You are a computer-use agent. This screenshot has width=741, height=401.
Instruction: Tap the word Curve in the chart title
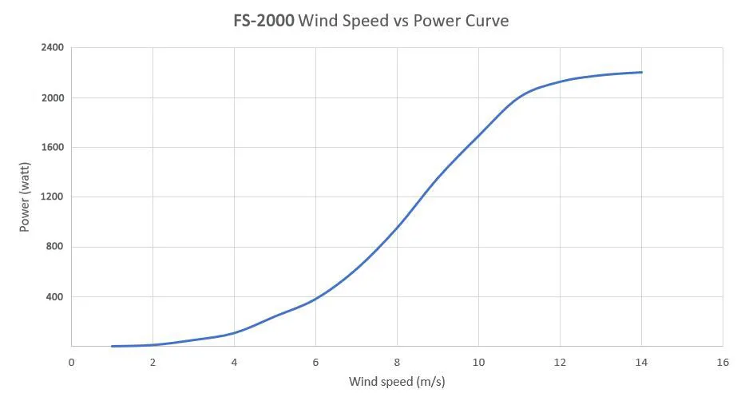(483, 21)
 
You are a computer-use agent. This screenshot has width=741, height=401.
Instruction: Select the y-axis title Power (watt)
(25, 197)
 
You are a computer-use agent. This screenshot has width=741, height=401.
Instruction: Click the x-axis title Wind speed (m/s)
(396, 382)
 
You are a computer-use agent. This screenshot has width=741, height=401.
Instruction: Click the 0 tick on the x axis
(72, 362)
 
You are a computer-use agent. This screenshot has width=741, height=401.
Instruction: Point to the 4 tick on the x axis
(234, 362)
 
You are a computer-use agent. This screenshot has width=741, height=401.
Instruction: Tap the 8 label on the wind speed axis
(397, 362)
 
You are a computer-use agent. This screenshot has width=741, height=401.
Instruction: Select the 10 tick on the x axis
(478, 362)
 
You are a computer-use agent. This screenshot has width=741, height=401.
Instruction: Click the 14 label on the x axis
(641, 362)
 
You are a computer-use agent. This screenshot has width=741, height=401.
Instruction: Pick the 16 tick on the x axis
(723, 362)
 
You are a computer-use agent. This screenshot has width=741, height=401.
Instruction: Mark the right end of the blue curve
(641, 73)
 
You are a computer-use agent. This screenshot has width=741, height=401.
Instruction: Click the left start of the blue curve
(113, 346)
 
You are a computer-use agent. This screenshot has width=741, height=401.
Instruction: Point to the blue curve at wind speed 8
(397, 227)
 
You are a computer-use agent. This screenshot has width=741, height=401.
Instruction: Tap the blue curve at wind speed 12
(560, 81)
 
